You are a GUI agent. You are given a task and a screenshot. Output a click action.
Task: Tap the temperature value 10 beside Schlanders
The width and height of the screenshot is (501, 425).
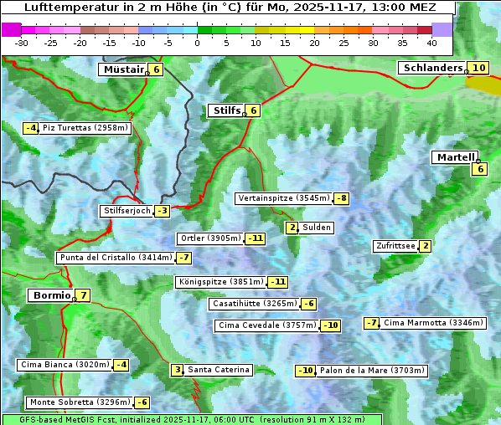[x=478, y=68]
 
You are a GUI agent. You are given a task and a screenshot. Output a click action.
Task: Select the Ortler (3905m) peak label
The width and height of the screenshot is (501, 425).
[x=210, y=238]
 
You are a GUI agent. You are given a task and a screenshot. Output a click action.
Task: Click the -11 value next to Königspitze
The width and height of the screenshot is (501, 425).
[x=277, y=282]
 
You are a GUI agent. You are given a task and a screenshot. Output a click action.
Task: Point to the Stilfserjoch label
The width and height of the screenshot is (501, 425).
[x=127, y=211]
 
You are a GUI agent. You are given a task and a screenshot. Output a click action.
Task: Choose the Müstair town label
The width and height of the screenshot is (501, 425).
[x=122, y=69]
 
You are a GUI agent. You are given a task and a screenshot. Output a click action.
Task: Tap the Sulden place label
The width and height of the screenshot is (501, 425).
[x=317, y=228]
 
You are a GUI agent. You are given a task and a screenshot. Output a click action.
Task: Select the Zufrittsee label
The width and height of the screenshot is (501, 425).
[x=395, y=246]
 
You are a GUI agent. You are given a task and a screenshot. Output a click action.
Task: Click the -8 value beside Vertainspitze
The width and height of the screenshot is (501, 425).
[x=341, y=198]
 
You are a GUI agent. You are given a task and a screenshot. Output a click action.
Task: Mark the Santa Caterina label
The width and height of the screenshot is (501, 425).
[x=218, y=370]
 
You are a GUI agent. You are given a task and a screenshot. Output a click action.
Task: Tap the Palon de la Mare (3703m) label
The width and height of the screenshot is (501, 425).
[x=373, y=371]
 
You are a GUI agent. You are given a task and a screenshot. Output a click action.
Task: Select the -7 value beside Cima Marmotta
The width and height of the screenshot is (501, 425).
[x=371, y=323]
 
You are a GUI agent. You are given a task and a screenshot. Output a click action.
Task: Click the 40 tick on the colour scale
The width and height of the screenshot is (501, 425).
[x=431, y=42]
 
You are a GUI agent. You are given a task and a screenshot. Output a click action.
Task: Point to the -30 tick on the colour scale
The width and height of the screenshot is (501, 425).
[x=22, y=42]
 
